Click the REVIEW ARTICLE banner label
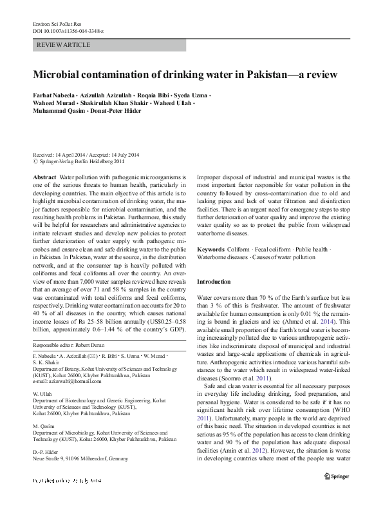point(63,45)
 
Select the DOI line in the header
point(68,31)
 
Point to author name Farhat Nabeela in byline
point(55,96)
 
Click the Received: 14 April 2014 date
point(59,155)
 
